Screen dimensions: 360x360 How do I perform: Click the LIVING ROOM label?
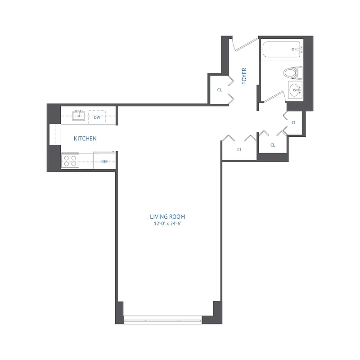[168, 216]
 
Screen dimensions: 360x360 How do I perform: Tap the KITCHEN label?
[85, 139]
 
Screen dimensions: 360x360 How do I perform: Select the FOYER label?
[244, 76]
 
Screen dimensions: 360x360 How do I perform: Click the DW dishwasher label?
[97, 117]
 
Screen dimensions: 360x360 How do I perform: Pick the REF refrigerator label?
[104, 161]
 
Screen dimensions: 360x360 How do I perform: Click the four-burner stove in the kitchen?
[70, 161]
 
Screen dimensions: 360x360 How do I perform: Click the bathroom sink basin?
[295, 90]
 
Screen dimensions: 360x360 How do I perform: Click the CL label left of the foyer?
[220, 90]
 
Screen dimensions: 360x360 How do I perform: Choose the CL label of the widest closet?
[239, 149]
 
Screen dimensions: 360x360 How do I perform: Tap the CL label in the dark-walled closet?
[273, 145]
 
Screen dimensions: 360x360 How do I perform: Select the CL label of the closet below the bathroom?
[294, 122]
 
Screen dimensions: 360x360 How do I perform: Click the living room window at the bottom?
[163, 320]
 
